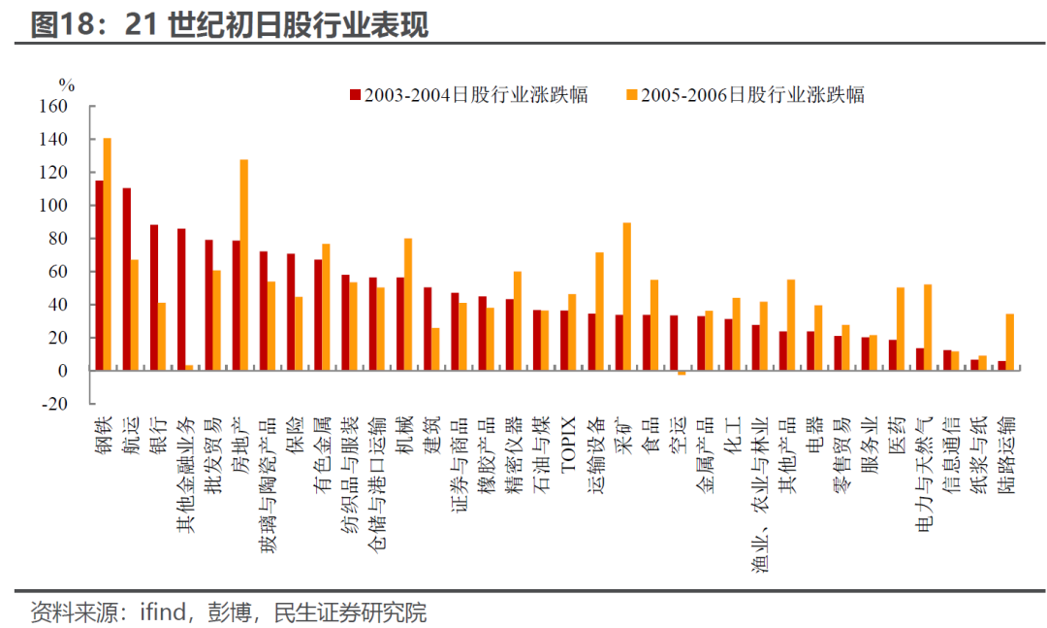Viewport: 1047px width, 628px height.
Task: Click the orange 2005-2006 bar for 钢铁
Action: (x=107, y=254)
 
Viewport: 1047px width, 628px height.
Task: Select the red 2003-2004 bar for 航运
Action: (x=127, y=279)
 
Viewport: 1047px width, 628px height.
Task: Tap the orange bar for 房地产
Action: (x=243, y=265)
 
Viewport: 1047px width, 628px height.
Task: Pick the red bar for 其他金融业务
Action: (x=181, y=300)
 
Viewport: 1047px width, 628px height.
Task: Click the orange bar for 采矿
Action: (x=627, y=296)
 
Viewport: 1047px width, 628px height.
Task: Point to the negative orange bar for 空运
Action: (x=682, y=373)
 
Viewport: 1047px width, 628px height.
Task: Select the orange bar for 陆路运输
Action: (x=1010, y=342)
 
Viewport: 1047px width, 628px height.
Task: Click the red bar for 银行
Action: (x=154, y=298)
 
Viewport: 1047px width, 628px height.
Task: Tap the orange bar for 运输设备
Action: (x=600, y=311)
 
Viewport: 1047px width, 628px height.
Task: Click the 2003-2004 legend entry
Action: (x=469, y=95)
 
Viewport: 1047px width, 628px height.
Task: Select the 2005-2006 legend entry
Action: (x=746, y=95)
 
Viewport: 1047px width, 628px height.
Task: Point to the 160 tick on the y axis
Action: (x=53, y=107)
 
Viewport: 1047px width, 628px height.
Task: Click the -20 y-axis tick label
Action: (x=53, y=404)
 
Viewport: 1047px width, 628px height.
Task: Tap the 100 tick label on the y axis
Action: (x=53, y=206)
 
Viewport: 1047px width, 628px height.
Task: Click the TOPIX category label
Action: (x=568, y=445)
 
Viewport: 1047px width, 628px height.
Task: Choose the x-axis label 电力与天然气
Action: (x=924, y=475)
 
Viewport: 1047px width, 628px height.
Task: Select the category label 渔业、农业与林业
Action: (x=760, y=494)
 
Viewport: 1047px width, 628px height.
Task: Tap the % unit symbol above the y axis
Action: (x=67, y=85)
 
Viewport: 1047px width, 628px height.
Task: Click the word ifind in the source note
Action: (x=163, y=611)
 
